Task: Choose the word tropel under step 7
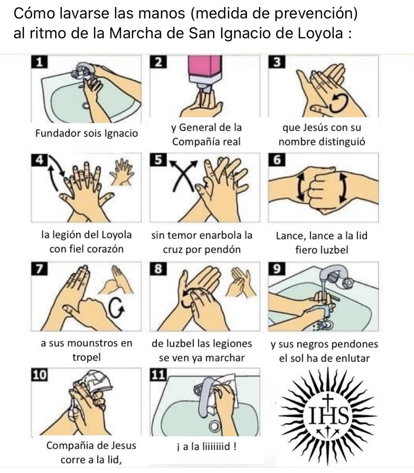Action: pyautogui.click(x=86, y=358)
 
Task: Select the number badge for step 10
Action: pyautogui.click(x=39, y=376)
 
